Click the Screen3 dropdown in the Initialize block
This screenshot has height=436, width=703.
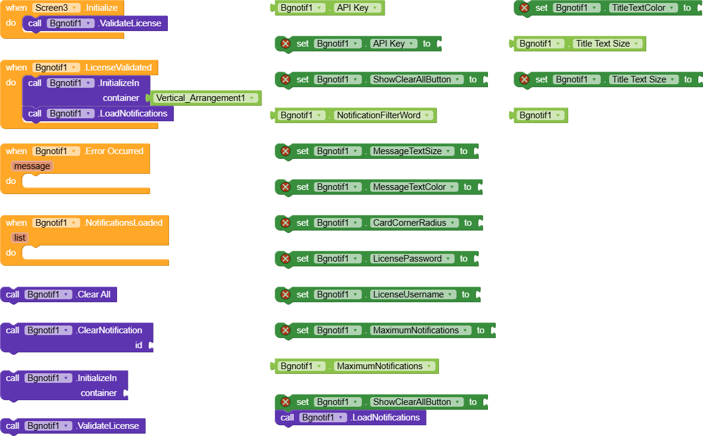pos(57,8)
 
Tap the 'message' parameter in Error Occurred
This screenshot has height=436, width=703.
pos(32,166)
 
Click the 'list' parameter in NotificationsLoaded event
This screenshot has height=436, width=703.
pos(20,238)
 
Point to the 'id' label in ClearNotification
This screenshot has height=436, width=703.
pos(139,345)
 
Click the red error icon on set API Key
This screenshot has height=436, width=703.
pos(286,44)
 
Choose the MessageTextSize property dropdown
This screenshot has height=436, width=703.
pos(412,151)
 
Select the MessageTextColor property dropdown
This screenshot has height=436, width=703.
pos(413,187)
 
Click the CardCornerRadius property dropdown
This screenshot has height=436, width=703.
pos(414,223)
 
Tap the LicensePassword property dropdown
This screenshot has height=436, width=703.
pos(412,259)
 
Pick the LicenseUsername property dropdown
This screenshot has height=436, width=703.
pos(413,294)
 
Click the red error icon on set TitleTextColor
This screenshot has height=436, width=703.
pos(524,8)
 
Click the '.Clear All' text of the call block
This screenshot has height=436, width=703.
pos(93,294)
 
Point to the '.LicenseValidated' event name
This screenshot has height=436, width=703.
pos(118,67)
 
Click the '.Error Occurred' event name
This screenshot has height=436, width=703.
pos(113,151)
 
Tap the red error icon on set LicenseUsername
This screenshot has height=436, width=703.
pos(286,294)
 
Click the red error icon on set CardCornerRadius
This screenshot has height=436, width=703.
pos(286,223)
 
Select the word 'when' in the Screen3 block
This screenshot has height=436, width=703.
pos(16,8)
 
